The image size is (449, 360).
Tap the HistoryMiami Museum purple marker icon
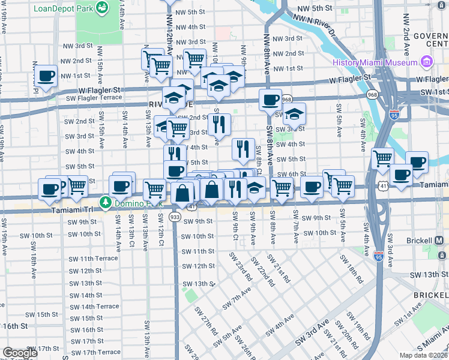pyautogui.click(x=427, y=62)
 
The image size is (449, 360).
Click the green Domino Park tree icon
pyautogui.click(x=106, y=203)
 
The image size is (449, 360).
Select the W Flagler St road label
pyautogui.click(x=351, y=79)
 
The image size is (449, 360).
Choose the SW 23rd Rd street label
pyautogui.click(x=239, y=266)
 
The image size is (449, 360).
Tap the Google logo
pyautogui.click(x=20, y=353)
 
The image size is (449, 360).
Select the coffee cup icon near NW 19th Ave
pyautogui.click(x=46, y=77)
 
